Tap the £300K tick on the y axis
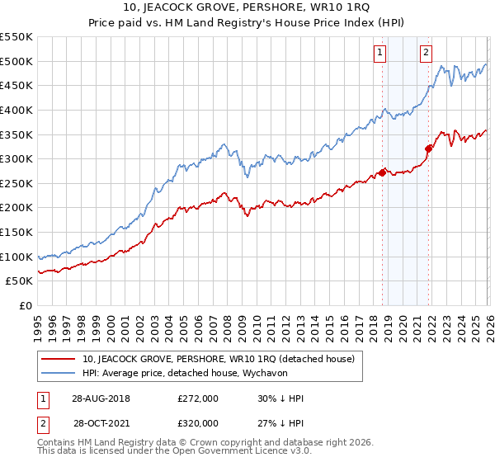pos(16,158)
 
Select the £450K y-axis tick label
pos(16,85)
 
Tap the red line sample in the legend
pos(59,359)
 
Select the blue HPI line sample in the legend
pos(59,374)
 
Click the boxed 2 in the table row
pos(41,423)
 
